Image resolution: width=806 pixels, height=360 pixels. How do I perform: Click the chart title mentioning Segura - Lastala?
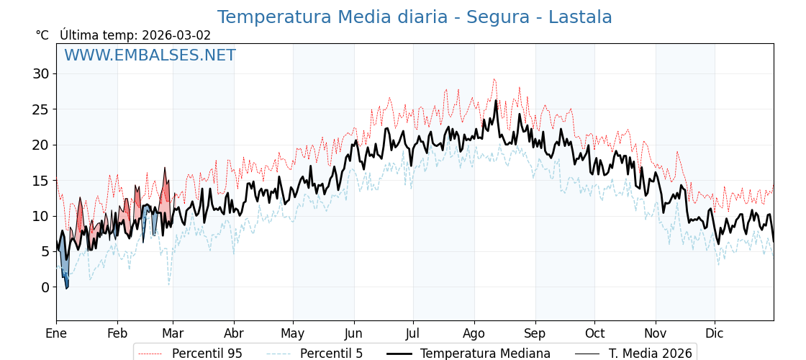click(x=415, y=17)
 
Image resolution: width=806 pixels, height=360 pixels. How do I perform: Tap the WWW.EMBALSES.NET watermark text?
click(x=150, y=55)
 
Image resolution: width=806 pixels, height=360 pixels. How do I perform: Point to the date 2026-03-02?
click(x=176, y=35)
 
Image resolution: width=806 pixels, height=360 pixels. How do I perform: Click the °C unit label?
click(x=42, y=35)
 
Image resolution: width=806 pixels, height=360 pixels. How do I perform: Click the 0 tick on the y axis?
click(x=45, y=287)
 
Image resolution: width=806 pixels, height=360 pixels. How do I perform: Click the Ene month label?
click(x=56, y=334)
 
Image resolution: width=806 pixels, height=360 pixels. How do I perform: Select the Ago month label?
click(x=474, y=334)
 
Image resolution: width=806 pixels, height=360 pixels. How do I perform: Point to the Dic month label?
click(x=715, y=334)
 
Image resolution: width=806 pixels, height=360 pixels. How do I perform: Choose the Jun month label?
click(x=354, y=334)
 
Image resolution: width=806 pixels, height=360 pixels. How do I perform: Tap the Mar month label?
click(x=173, y=334)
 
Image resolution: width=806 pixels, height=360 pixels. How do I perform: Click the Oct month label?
click(x=594, y=334)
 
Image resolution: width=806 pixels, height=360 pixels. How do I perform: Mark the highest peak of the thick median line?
click(x=496, y=101)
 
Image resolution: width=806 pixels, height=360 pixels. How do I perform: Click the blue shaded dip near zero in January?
click(x=65, y=277)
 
